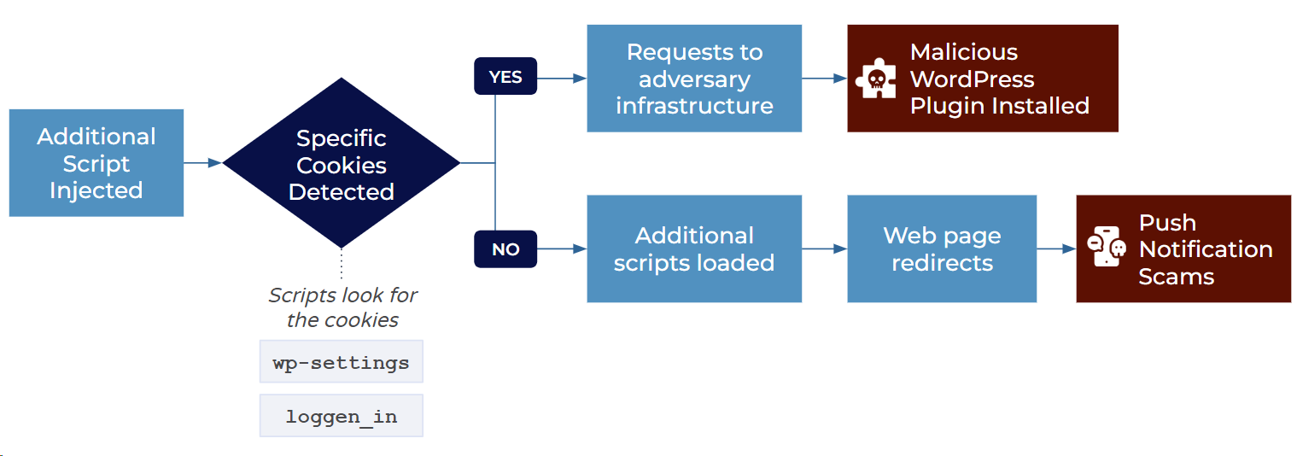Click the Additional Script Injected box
(x=96, y=163)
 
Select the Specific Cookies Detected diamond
(x=342, y=163)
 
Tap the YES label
(x=505, y=76)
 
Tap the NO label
(x=505, y=249)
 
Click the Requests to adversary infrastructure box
(x=694, y=79)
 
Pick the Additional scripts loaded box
(x=694, y=248)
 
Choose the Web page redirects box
(x=942, y=248)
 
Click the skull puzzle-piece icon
(x=876, y=79)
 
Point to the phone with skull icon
(x=1107, y=247)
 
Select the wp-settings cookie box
(x=342, y=361)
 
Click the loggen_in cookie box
(x=342, y=416)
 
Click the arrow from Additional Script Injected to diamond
(x=202, y=163)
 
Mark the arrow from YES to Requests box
(x=562, y=78)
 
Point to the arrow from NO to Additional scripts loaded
(x=562, y=248)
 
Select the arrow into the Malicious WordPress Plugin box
(x=825, y=78)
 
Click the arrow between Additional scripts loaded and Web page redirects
(x=825, y=248)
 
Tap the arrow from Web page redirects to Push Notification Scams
(x=1057, y=248)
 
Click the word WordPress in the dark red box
(x=973, y=79)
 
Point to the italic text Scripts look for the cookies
(x=342, y=307)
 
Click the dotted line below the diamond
(x=342, y=264)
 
